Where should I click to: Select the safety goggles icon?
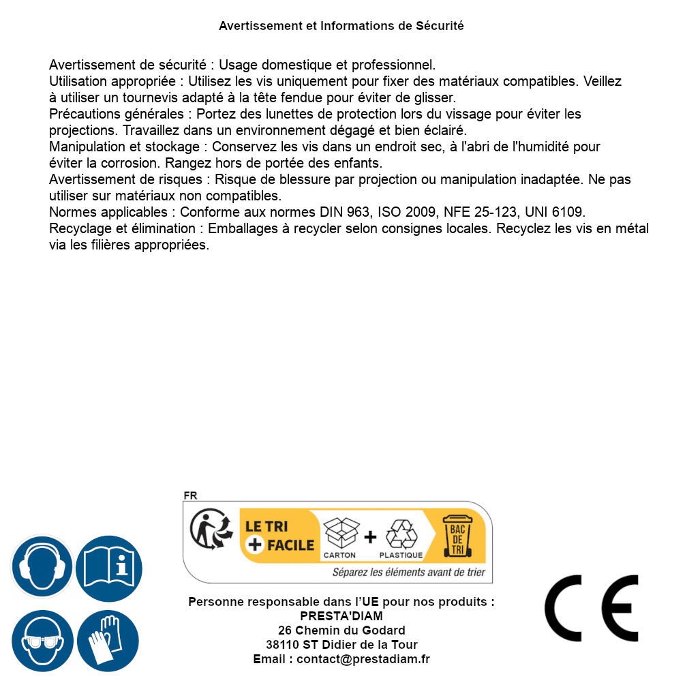pos(42,641)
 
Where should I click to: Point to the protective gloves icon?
pos(108,641)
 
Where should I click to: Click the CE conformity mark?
pos(592,608)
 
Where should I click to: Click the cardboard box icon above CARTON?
pos(340,533)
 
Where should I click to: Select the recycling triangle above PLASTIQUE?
pos(401,534)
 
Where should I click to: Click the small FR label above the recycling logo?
pos(190,496)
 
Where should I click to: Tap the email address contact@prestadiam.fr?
pos(363,659)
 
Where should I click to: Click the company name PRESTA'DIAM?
pos(341,616)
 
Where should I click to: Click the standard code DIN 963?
pos(344,212)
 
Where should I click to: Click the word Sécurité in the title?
pos(440,26)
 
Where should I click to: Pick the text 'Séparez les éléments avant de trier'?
pos(408,573)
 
